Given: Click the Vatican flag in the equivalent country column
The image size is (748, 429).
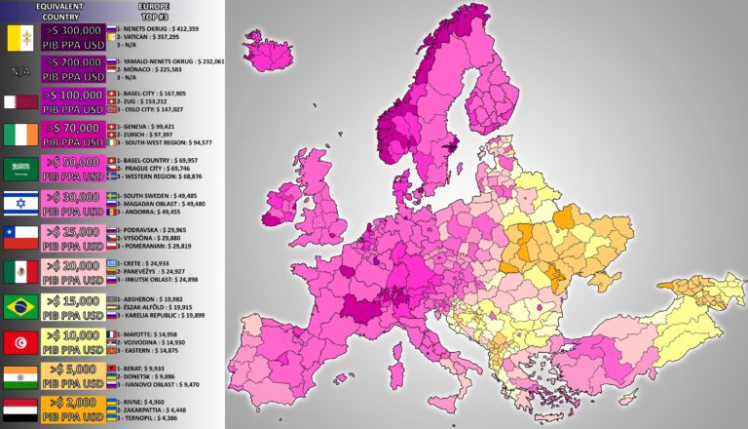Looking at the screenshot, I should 21,38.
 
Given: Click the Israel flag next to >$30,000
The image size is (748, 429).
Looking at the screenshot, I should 21,203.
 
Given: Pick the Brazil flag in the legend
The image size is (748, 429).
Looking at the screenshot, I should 21,307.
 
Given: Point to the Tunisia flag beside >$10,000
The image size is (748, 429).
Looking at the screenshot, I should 21,341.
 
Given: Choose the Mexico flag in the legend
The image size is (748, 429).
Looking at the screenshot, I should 21,272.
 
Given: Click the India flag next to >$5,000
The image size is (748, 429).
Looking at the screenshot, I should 21,375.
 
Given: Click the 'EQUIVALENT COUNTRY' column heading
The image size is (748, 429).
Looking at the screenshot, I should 57,11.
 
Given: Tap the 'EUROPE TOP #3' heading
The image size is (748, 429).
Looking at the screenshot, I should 154,11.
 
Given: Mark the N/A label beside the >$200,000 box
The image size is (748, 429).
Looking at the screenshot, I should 19,72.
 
